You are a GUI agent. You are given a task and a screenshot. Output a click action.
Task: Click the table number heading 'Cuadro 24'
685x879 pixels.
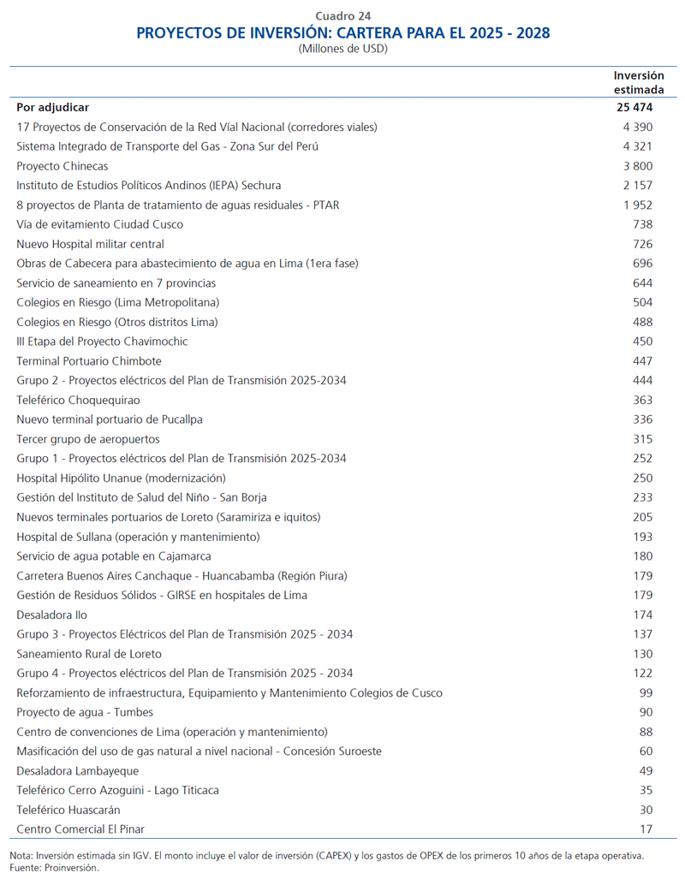(342, 15)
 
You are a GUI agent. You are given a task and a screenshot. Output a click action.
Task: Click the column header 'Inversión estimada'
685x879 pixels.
(639, 82)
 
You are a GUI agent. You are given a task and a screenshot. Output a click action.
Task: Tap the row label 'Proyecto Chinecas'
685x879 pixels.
(63, 166)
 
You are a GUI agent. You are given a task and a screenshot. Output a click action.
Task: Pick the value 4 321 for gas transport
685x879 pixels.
(638, 146)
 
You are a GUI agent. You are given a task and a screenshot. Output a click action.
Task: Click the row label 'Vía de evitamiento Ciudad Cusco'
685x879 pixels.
(99, 224)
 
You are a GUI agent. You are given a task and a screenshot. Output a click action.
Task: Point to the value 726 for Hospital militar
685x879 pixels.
(642, 244)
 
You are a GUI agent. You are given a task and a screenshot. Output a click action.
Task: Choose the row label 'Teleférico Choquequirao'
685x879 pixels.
(78, 400)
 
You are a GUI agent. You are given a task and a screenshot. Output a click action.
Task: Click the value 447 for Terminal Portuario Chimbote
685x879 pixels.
(642, 361)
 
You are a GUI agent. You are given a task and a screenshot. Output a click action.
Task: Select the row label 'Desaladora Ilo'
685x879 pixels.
(52, 615)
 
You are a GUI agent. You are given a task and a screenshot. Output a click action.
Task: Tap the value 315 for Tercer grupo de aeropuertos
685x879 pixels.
(642, 439)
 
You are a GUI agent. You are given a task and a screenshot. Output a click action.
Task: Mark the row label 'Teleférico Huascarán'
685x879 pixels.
(68, 810)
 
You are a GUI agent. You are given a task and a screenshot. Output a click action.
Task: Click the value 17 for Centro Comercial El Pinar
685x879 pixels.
(646, 829)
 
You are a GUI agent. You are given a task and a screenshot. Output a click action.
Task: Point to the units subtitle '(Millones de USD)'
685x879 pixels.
(342, 49)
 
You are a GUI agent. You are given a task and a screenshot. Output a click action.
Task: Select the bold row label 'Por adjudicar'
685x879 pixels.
(53, 108)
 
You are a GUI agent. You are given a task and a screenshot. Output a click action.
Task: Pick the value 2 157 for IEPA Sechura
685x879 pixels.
(638, 185)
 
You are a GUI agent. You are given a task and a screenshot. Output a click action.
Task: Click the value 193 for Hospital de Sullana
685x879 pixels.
(642, 537)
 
